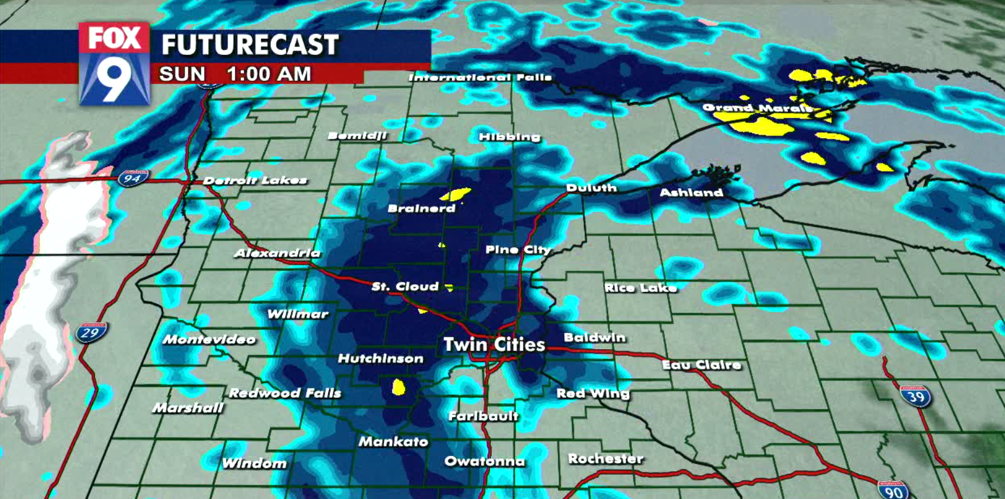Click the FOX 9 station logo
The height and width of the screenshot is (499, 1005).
[114, 64]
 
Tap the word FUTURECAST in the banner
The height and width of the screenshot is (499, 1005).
[250, 45]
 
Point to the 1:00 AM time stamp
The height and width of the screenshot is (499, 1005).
[269, 74]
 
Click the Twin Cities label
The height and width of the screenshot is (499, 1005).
[494, 344]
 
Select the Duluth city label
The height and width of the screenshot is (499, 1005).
[591, 188]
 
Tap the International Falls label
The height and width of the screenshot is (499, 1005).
[480, 77]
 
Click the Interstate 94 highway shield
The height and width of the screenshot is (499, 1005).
[133, 179]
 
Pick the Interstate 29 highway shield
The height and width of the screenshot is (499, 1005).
[91, 332]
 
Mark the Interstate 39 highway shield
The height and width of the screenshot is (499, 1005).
[915, 396]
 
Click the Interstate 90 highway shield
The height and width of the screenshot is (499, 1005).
[893, 490]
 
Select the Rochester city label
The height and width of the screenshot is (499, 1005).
[606, 458]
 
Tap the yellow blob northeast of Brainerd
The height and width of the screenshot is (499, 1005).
[456, 194]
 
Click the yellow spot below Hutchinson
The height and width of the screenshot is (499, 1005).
[399, 387]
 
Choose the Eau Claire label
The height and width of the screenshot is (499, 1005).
[701, 365]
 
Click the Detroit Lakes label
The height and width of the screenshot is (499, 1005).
[255, 180]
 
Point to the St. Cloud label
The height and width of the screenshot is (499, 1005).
[405, 286]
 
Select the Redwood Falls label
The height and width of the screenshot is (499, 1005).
[285, 392]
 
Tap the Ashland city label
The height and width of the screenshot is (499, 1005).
[691, 192]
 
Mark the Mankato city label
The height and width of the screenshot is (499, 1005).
[393, 442]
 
